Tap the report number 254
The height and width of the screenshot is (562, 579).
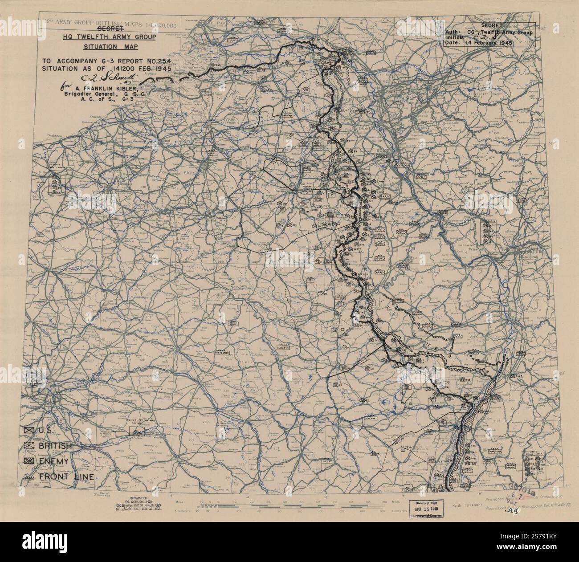pos(163,61)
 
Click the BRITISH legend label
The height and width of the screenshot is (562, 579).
pos(56,446)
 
